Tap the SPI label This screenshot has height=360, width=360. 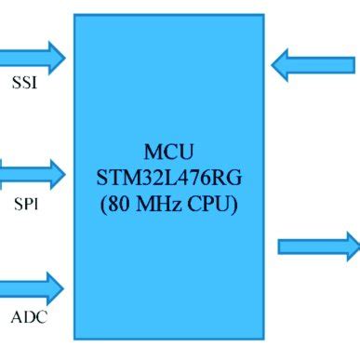(24, 201)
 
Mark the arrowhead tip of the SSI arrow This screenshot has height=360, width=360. (65, 58)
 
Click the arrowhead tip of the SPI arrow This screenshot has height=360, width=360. (65, 173)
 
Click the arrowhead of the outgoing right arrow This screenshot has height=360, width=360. (353, 247)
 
